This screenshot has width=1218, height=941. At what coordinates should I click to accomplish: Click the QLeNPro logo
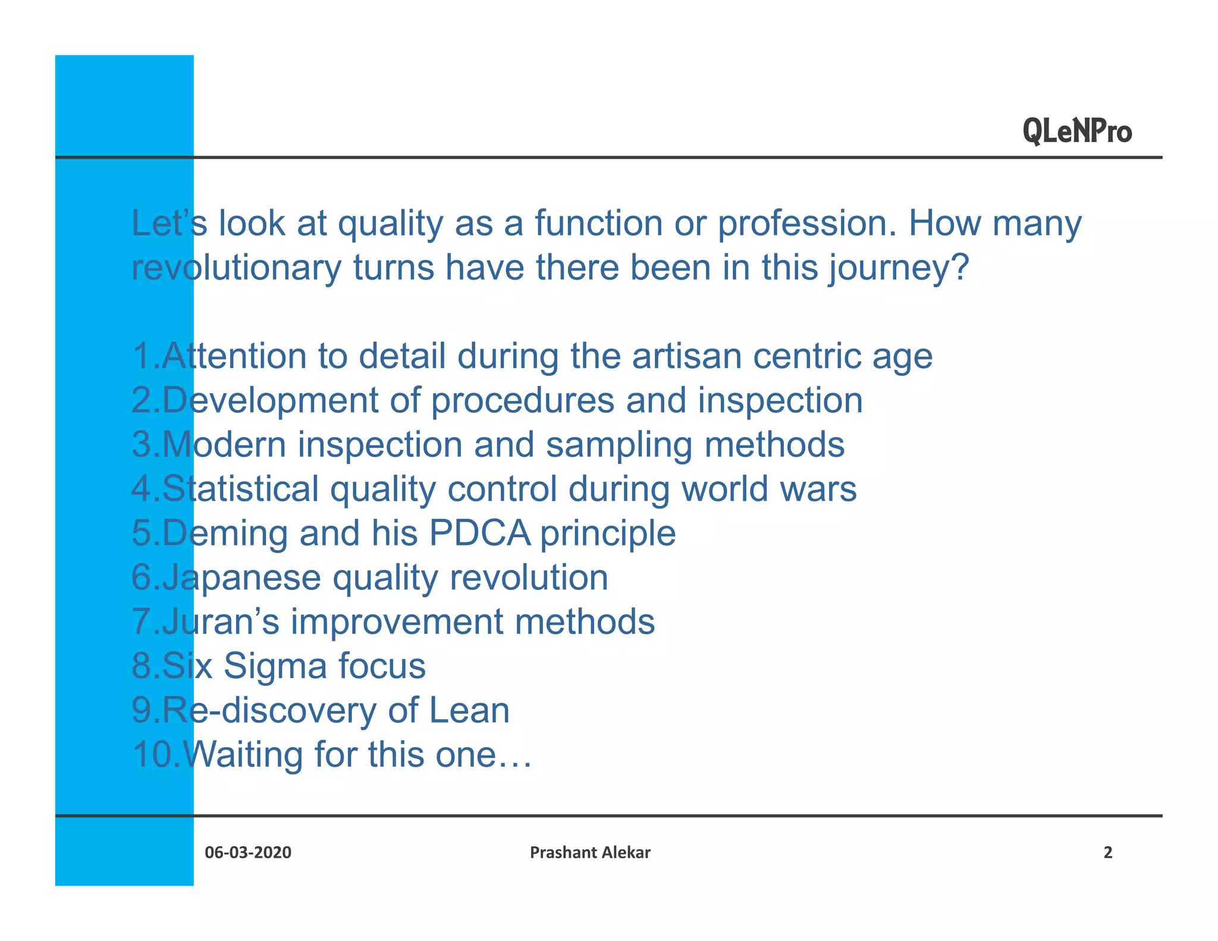pyautogui.click(x=1077, y=131)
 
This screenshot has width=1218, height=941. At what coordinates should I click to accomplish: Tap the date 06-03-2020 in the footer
pyautogui.click(x=248, y=852)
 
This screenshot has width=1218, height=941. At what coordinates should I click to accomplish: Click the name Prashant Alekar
pyautogui.click(x=590, y=852)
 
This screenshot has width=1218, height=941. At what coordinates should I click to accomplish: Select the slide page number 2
pyautogui.click(x=1107, y=852)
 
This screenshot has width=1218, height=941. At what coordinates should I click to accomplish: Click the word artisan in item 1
pyautogui.click(x=686, y=356)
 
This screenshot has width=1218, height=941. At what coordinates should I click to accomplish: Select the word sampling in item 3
pyautogui.click(x=619, y=446)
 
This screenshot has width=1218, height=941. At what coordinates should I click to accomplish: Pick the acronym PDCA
pyautogui.click(x=479, y=533)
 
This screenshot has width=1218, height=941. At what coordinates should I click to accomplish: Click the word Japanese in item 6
pyautogui.click(x=241, y=578)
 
